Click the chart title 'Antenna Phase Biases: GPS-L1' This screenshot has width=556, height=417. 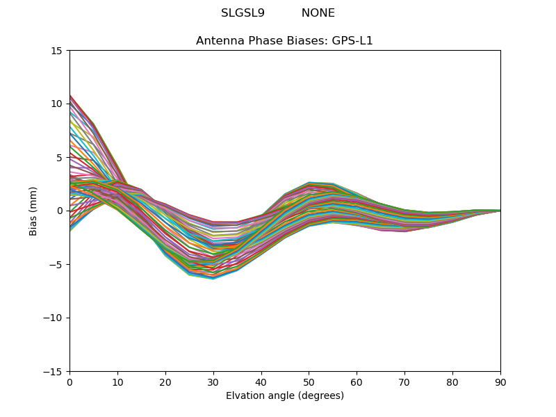pyautogui.click(x=284, y=41)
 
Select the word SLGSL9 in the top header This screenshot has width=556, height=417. pyautogui.click(x=243, y=13)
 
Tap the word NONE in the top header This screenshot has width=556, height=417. pyautogui.click(x=318, y=13)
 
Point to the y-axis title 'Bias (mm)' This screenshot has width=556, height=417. pyautogui.click(x=33, y=211)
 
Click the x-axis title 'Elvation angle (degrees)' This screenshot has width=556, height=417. pyautogui.click(x=284, y=396)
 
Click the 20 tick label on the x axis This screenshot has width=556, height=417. pyautogui.click(x=165, y=382)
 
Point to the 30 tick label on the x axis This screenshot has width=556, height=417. pyautogui.click(x=213, y=382)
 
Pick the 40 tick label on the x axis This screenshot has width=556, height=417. pyautogui.click(x=261, y=382)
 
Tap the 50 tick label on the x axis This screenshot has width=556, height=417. pyautogui.click(x=309, y=382)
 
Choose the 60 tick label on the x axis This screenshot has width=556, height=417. pyautogui.click(x=357, y=382)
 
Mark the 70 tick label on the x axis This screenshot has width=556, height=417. pyautogui.click(x=404, y=382)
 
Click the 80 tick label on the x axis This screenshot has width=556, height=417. pyautogui.click(x=452, y=382)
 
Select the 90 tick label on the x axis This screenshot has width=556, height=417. pyautogui.click(x=500, y=382)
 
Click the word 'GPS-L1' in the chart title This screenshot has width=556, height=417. pyautogui.click(x=352, y=41)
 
